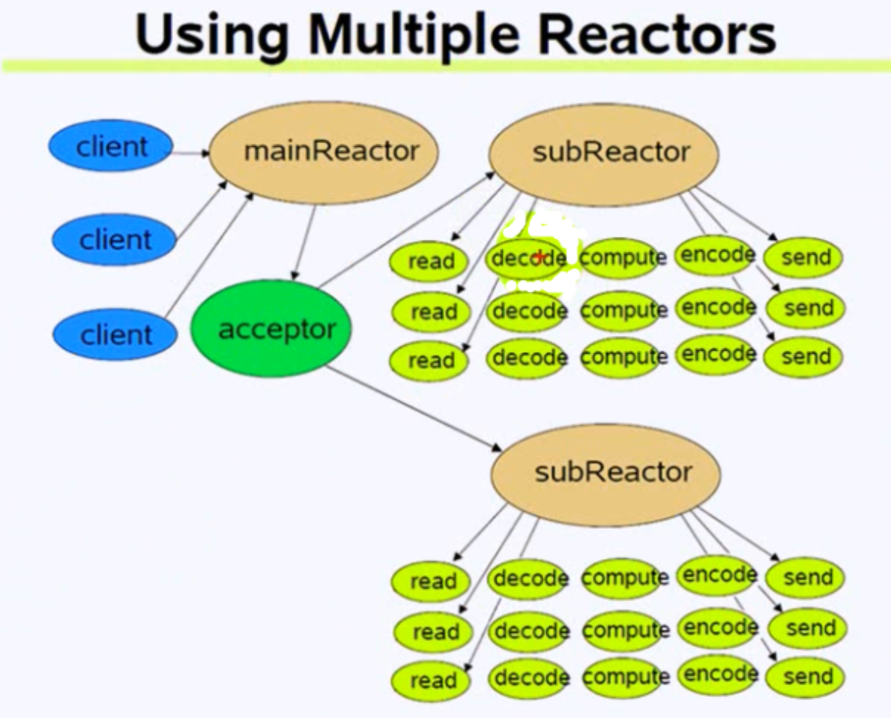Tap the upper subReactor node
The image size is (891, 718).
click(x=603, y=152)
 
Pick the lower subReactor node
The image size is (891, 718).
click(x=605, y=473)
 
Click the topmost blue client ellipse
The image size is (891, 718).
click(x=111, y=146)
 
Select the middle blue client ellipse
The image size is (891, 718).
click(x=114, y=241)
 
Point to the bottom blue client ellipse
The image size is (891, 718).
click(x=114, y=334)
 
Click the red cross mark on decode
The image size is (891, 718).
click(x=539, y=256)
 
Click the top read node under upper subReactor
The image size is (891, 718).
click(x=429, y=262)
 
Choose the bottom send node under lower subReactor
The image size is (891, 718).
click(x=806, y=678)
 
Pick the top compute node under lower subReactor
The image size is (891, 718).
click(x=624, y=578)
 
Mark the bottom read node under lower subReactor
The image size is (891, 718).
click(x=432, y=681)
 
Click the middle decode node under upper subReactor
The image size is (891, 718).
click(x=528, y=310)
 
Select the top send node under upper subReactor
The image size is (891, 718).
click(x=803, y=258)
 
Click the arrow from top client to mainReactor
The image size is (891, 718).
click(x=191, y=154)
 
